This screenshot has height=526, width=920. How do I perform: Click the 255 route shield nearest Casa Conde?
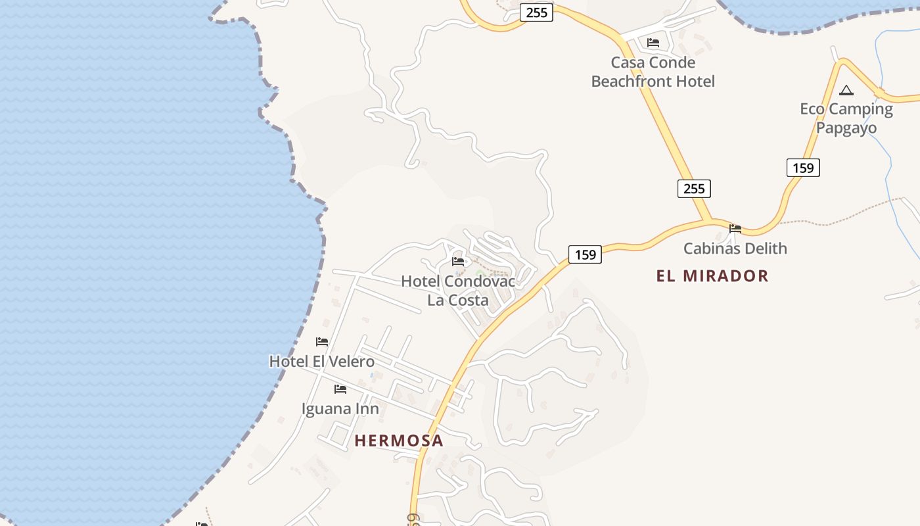pyautogui.click(x=536, y=12)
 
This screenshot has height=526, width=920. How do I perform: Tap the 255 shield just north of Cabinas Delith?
pyautogui.click(x=694, y=189)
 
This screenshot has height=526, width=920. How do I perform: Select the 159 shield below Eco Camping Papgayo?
pyautogui.click(x=803, y=168)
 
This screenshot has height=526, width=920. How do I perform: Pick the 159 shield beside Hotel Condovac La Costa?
pyautogui.click(x=585, y=254)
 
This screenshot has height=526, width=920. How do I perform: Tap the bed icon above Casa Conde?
pyautogui.click(x=653, y=43)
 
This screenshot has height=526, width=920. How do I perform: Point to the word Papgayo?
pyautogui.click(x=846, y=128)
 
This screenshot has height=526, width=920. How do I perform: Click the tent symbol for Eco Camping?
pyautogui.click(x=846, y=91)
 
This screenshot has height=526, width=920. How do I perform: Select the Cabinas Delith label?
pyautogui.click(x=735, y=249)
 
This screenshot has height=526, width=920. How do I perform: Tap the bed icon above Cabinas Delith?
pyautogui.click(x=735, y=229)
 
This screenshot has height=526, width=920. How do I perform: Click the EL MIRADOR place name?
pyautogui.click(x=712, y=276)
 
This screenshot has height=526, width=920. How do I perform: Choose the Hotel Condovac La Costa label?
pyautogui.click(x=458, y=291)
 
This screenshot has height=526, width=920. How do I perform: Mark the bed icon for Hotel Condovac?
pyautogui.click(x=458, y=262)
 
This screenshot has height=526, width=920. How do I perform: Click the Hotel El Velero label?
pyautogui.click(x=322, y=362)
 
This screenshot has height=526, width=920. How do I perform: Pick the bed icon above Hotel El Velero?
pyautogui.click(x=322, y=342)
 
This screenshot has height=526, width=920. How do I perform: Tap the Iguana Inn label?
pyautogui.click(x=340, y=409)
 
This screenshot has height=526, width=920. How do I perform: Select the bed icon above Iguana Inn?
pyautogui.click(x=340, y=389)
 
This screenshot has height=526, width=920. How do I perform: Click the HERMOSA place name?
pyautogui.click(x=399, y=441)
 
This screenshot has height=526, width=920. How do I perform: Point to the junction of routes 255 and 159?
pyautogui.click(x=710, y=221)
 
